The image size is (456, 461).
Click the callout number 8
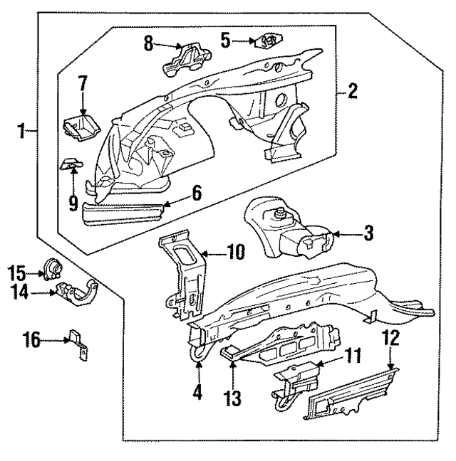[x=148, y=43]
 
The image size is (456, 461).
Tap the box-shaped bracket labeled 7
[x=79, y=127]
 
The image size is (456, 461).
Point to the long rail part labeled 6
[x=125, y=212]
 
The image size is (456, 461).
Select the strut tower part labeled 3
[x=285, y=231]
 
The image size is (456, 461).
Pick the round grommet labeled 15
[x=53, y=268]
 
